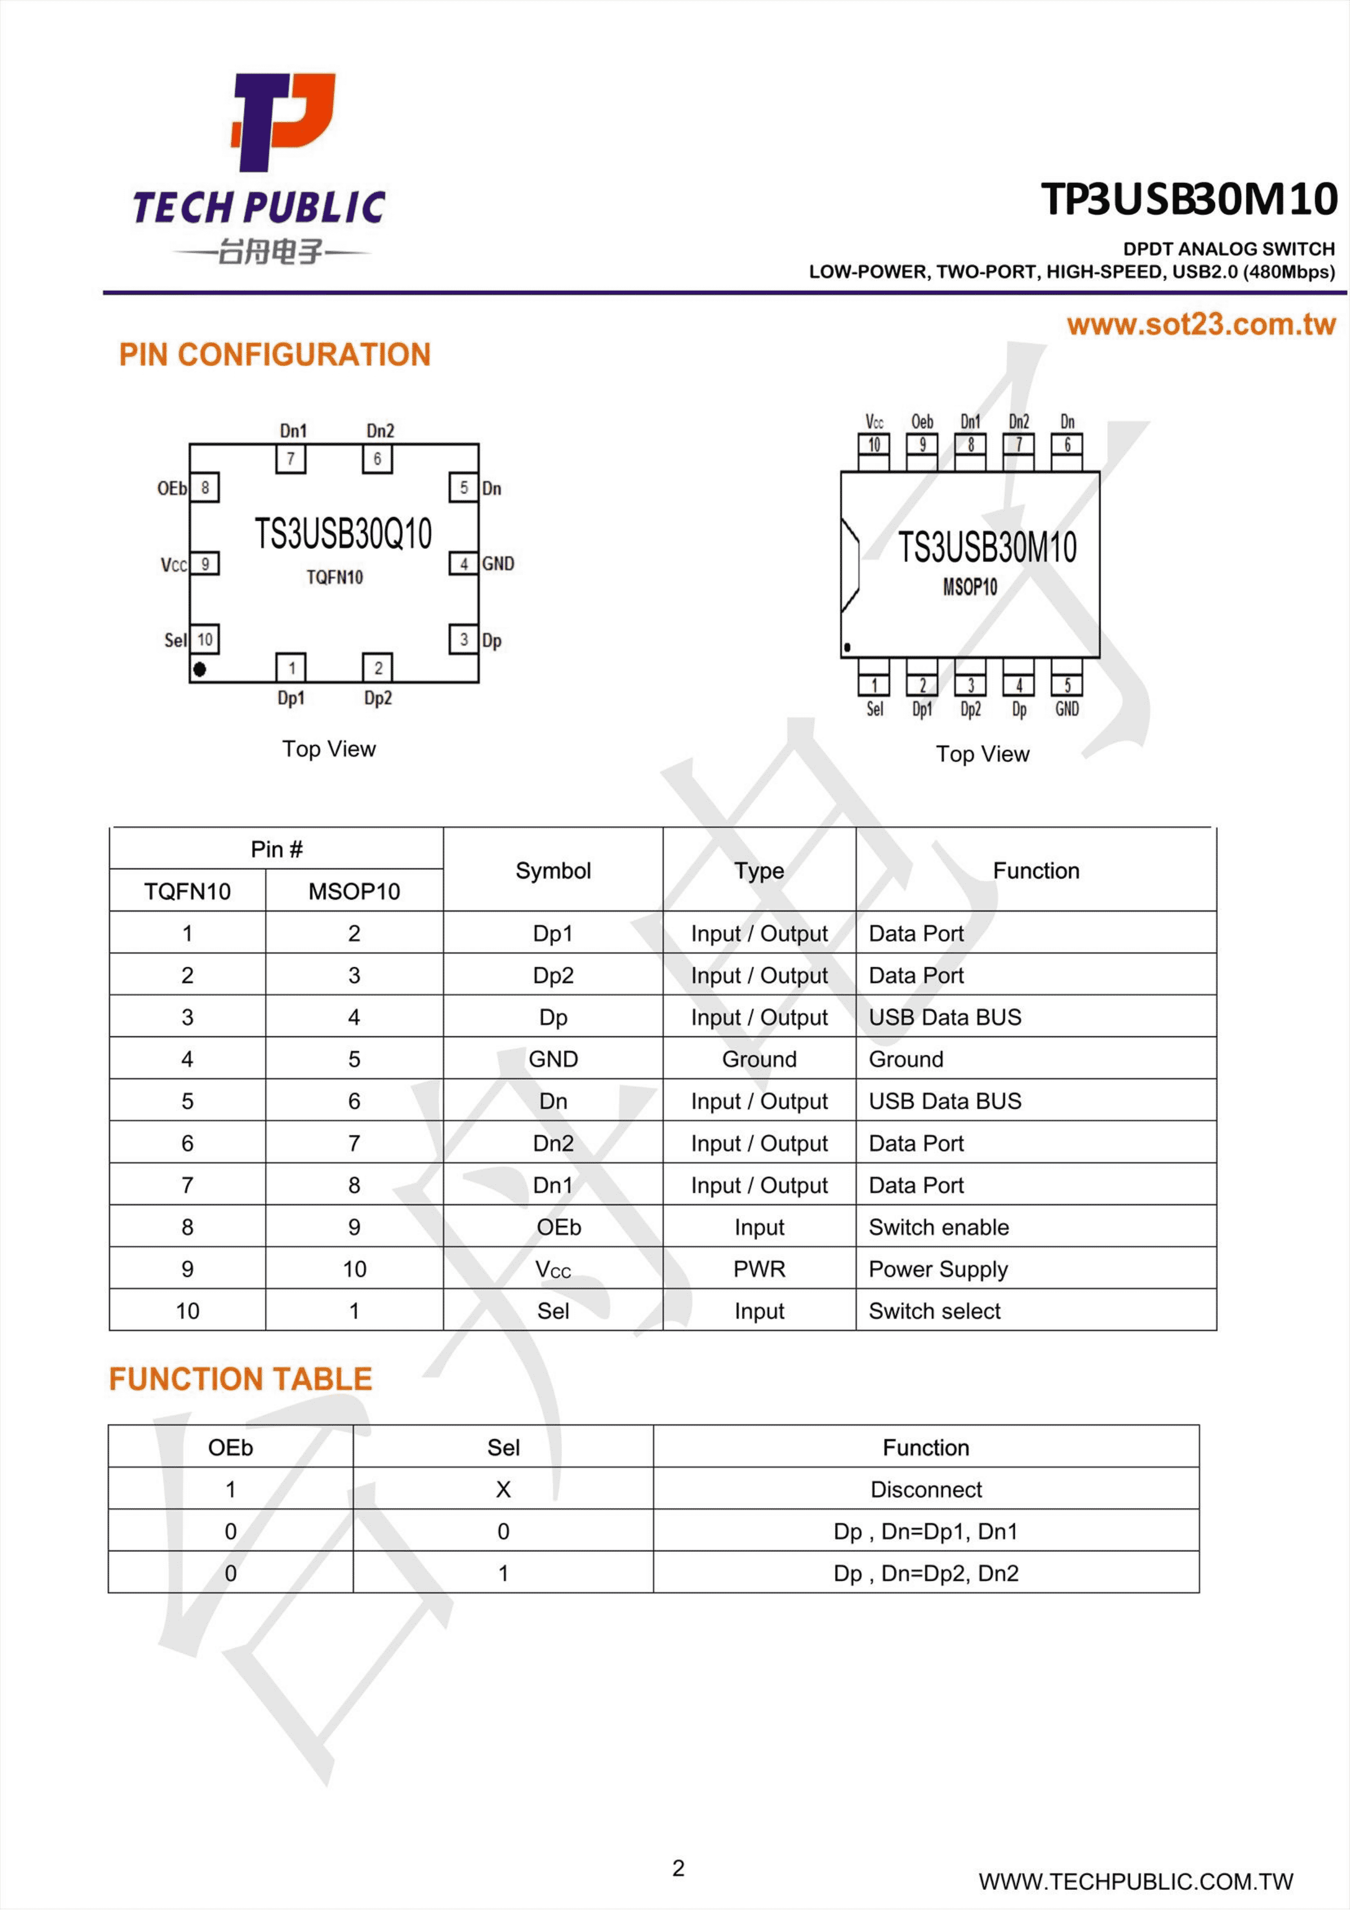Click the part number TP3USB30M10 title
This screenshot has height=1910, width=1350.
[x=1189, y=200]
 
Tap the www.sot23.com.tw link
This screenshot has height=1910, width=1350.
[x=1201, y=324]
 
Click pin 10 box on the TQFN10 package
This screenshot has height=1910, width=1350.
[x=205, y=639]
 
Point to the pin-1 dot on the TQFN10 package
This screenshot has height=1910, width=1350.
[x=200, y=669]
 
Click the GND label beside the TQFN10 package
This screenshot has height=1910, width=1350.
[x=498, y=564]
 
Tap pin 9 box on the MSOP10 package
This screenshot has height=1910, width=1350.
[x=922, y=445]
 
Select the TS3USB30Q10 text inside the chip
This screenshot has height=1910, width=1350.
[x=343, y=533]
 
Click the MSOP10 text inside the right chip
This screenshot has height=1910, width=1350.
[x=970, y=587]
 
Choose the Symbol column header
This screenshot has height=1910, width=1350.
[x=553, y=871]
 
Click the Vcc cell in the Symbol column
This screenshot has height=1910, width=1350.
[x=553, y=1269]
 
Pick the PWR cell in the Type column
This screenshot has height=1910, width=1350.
[x=759, y=1269]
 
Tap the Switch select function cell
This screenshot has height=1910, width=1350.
[x=935, y=1311]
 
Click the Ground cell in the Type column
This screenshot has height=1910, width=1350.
[x=759, y=1059]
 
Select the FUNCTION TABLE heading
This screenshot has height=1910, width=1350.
[x=241, y=1379]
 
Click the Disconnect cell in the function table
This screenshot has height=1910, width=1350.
[x=926, y=1489]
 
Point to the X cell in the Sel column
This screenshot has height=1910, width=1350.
[x=503, y=1489]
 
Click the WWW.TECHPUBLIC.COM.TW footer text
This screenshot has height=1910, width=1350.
[x=1136, y=1881]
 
